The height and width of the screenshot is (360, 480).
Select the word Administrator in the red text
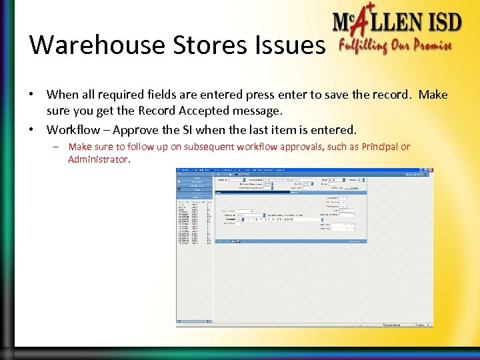[98, 159]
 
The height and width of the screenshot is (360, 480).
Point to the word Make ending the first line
[433, 95]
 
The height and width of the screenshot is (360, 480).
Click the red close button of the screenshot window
[430, 170]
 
